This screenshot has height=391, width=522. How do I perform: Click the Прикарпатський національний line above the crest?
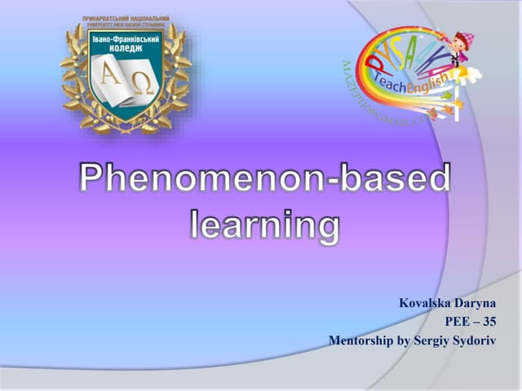point(126,18)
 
